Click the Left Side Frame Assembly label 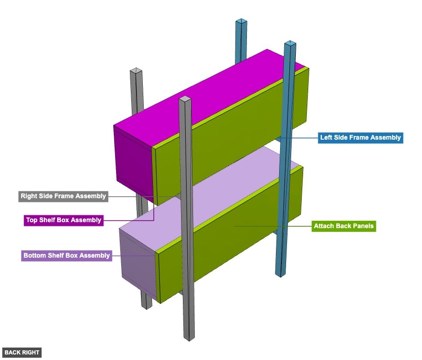[x=360, y=137]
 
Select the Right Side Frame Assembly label [x=63, y=196]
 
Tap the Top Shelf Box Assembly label [x=63, y=220]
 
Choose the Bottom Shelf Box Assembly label [x=66, y=255]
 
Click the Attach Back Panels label [x=343, y=226]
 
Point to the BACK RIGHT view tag [x=22, y=353]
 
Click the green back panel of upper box [x=230, y=138]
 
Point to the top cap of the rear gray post [x=136, y=71]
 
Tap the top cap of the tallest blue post [x=290, y=44]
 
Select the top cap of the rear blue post [x=240, y=22]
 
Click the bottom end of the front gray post [x=189, y=338]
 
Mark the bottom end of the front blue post [x=279, y=274]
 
